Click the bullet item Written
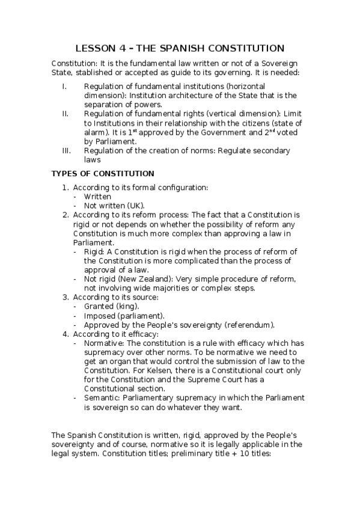point(97,196)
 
